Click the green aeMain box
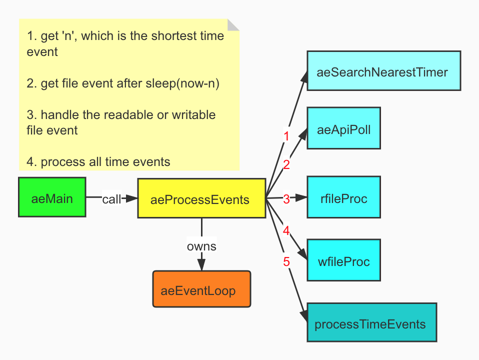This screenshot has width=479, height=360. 52,197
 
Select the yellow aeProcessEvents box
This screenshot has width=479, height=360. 200,198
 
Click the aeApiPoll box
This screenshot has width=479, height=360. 343,128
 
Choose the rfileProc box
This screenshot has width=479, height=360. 343,198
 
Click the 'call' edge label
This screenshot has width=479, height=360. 111,199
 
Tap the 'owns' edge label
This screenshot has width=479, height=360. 201,246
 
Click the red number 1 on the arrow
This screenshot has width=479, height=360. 286,136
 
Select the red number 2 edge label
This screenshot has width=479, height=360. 286,164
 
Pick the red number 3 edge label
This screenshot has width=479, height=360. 286,199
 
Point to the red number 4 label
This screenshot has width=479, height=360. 286,230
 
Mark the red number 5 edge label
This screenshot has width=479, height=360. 286,261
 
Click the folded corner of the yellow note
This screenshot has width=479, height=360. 233,25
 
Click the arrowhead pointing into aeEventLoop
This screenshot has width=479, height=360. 201,267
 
